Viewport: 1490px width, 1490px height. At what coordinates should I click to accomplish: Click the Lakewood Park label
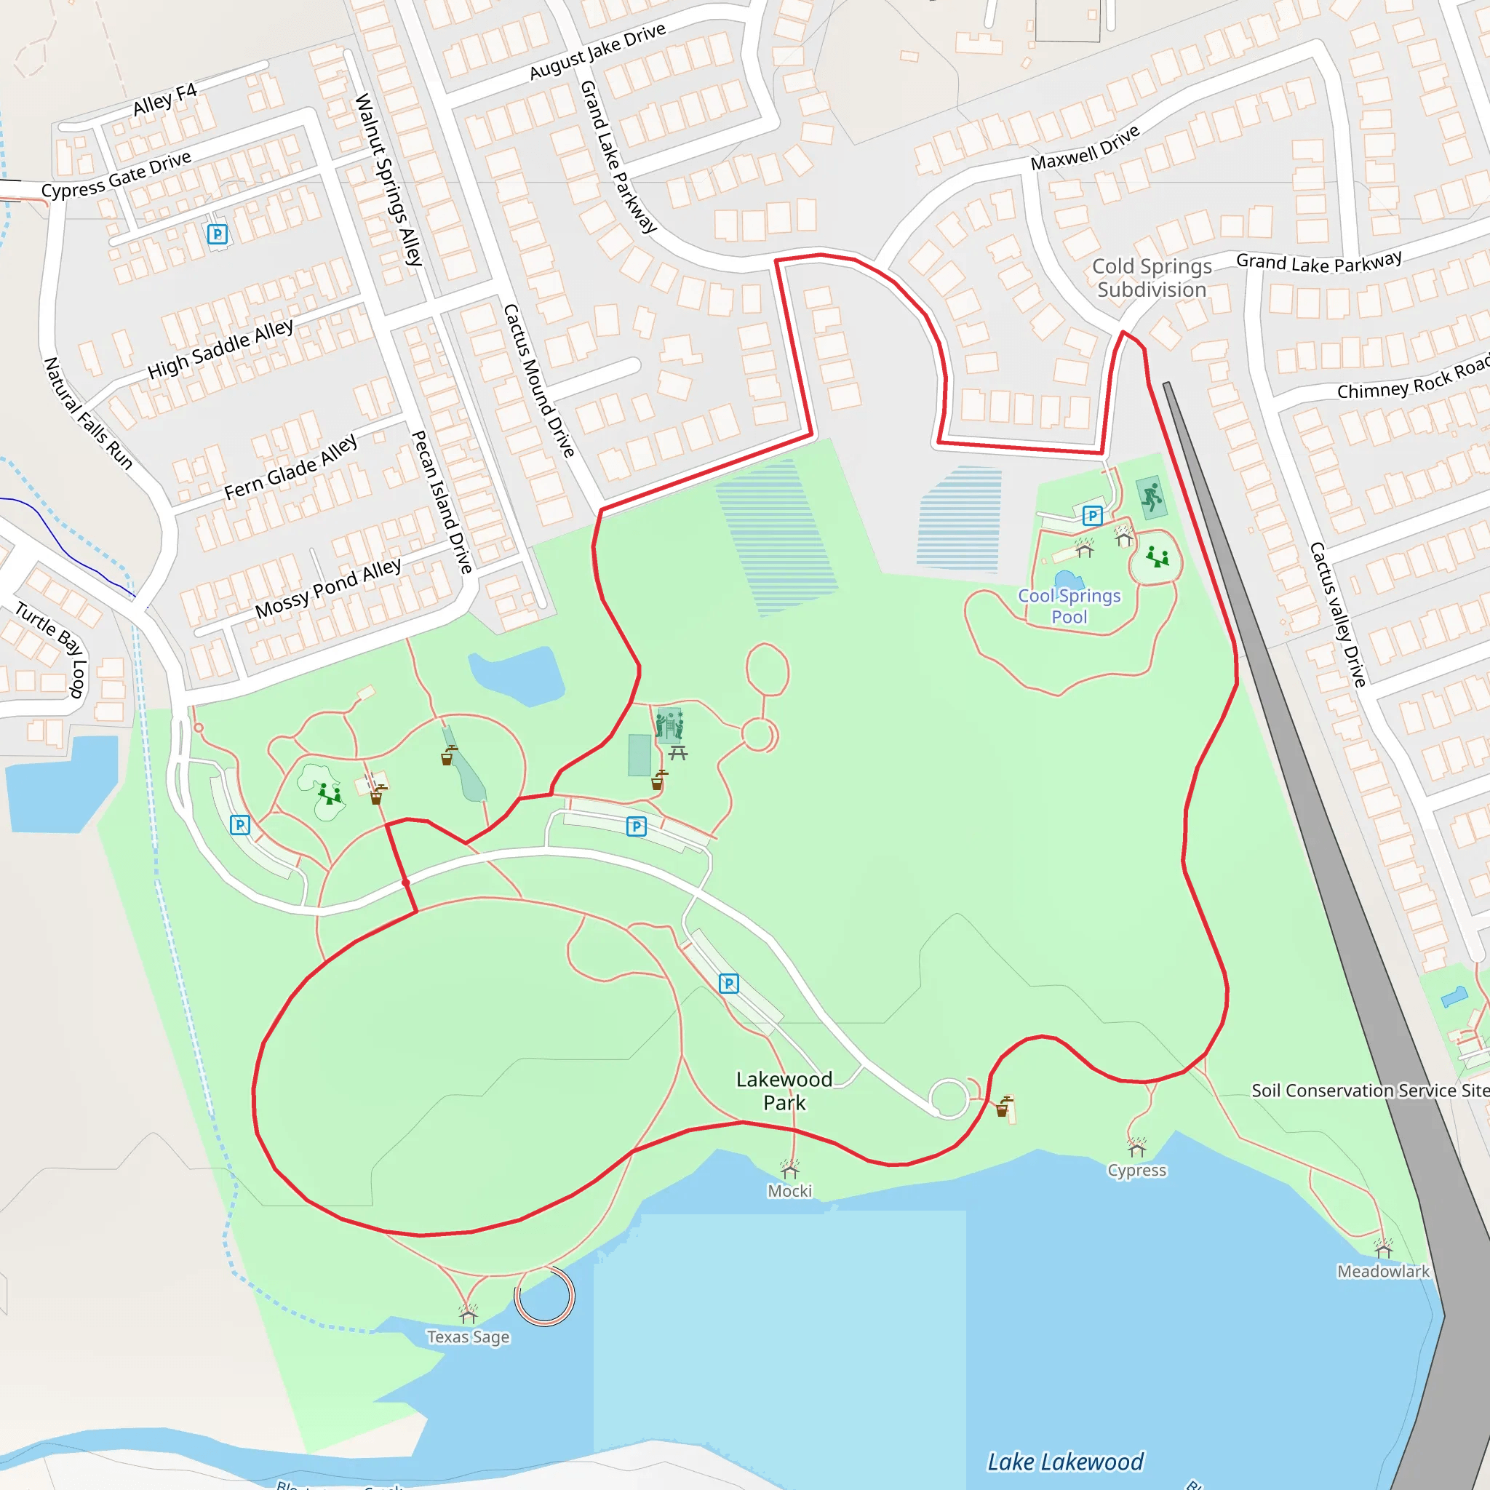[x=784, y=1091]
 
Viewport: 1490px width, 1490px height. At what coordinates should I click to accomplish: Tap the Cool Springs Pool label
[x=1069, y=606]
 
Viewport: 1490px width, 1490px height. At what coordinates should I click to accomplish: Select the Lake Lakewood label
[x=1065, y=1462]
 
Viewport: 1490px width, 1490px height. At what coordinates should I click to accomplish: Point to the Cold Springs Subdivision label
[x=1152, y=278]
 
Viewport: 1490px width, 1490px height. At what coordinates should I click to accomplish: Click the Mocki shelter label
[x=789, y=1191]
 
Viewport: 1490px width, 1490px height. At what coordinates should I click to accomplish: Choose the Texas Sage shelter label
[x=468, y=1336]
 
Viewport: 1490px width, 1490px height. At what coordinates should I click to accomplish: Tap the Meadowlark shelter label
[x=1383, y=1271]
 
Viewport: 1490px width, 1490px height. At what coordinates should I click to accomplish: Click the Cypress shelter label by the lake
[x=1137, y=1170]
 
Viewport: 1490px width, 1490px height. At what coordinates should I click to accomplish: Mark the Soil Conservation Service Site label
[x=1370, y=1091]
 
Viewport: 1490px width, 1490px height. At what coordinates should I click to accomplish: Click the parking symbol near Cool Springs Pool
[x=1092, y=515]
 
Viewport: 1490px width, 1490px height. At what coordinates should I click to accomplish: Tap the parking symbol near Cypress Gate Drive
[x=218, y=234]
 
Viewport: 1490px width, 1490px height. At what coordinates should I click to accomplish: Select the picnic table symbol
[x=678, y=752]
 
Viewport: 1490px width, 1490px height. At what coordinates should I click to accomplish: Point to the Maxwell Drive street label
[x=1084, y=148]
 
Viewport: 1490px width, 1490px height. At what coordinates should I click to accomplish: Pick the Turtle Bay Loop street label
[x=52, y=648]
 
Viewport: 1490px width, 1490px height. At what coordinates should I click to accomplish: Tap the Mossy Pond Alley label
[x=328, y=589]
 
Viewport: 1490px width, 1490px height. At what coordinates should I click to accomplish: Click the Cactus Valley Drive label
[x=1338, y=614]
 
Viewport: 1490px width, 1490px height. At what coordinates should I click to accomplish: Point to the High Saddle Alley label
[x=220, y=348]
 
